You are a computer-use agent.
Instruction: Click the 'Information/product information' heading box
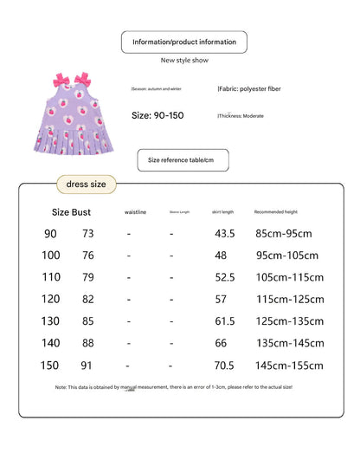point(183,42)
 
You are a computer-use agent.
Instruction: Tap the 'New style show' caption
point(183,61)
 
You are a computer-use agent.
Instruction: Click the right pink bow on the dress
point(82,81)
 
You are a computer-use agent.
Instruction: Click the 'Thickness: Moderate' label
point(241,115)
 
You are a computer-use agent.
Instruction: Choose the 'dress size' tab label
point(86,184)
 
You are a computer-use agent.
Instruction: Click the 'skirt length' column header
point(222,211)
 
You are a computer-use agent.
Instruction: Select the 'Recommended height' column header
point(274,211)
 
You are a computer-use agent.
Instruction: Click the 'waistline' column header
point(135,211)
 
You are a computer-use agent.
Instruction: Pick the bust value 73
point(87,233)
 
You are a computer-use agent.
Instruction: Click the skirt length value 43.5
point(225,233)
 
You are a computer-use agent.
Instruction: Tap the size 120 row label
point(52,299)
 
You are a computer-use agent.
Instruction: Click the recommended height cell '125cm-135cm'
point(289,320)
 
